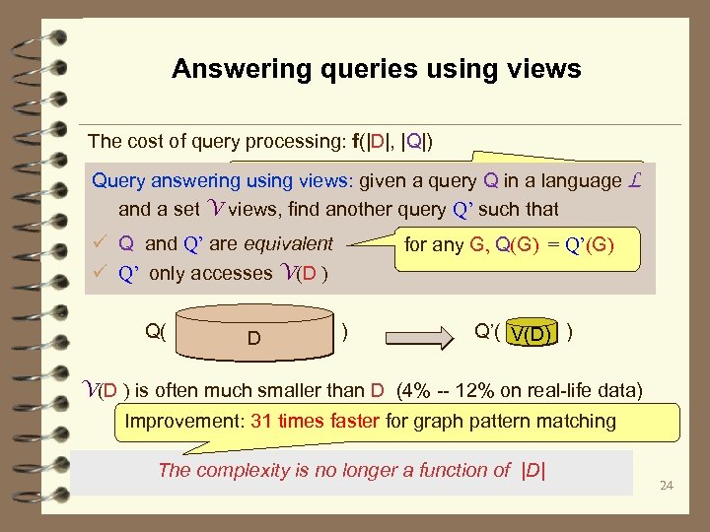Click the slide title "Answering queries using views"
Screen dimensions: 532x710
click(376, 69)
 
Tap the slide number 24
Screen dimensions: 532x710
click(667, 486)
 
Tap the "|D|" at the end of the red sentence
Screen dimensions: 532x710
click(532, 470)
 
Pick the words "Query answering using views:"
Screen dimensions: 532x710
click(222, 181)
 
